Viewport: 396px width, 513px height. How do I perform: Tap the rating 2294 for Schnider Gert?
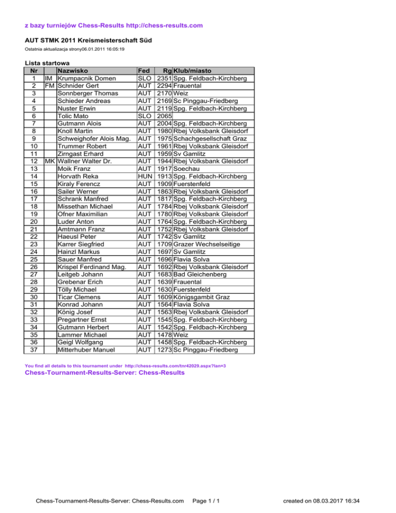164,86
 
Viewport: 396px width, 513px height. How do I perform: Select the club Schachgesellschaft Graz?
211,139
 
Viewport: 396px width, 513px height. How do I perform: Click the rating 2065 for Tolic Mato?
164,116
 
